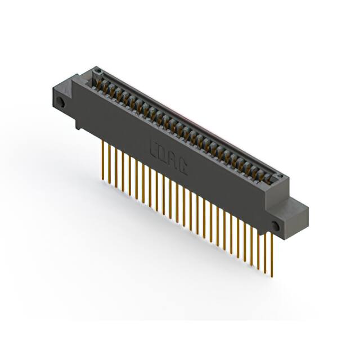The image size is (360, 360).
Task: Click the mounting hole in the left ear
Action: tap(58, 102)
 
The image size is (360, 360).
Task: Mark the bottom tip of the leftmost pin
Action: tap(102, 180)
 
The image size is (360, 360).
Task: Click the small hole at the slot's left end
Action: tap(97, 71)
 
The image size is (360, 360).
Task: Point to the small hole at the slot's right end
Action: tap(280, 176)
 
